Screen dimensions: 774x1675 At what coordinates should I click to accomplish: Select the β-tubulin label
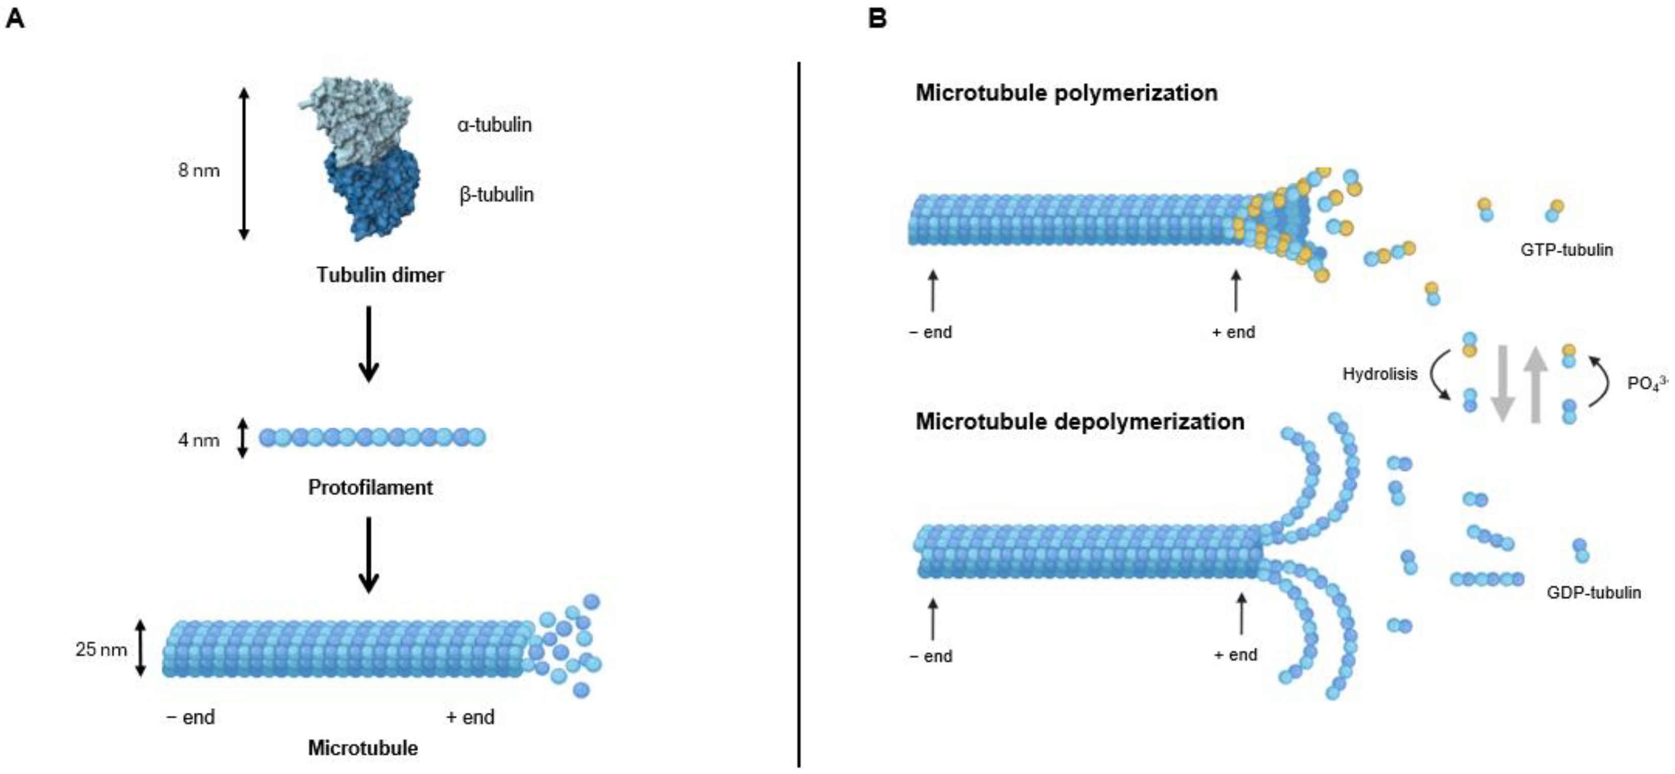pos(496,194)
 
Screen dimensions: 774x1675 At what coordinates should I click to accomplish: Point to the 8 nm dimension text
pos(199,171)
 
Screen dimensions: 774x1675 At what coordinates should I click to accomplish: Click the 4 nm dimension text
pos(199,440)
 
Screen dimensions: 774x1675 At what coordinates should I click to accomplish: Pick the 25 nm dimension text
pos(101,649)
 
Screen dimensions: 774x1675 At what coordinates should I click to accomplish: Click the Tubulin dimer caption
pos(380,275)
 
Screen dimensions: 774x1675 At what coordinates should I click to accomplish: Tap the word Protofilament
pos(370,487)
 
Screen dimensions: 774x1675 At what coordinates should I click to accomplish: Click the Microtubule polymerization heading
pos(1066,93)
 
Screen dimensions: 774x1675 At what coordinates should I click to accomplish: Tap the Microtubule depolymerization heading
pos(1080,422)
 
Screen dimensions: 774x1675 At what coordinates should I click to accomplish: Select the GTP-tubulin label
pos(1566,250)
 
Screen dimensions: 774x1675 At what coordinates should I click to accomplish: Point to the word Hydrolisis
pos(1380,374)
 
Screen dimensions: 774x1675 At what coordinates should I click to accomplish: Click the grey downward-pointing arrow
pos(1502,384)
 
